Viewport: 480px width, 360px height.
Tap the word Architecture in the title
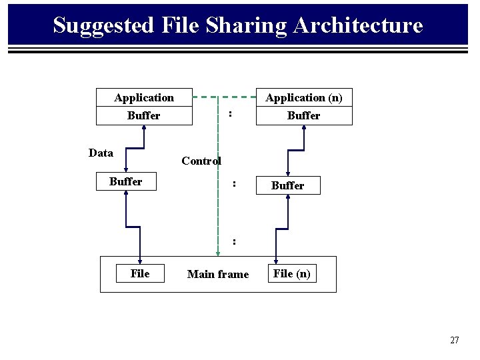point(357,25)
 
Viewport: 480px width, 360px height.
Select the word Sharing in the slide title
point(246,25)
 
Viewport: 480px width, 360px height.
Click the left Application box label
point(144,98)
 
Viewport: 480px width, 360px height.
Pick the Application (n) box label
point(304,98)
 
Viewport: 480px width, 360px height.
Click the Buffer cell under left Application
point(144,115)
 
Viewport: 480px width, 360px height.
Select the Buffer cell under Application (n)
point(304,115)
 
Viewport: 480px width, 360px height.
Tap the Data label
point(101,153)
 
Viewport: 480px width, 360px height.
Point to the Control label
point(201,161)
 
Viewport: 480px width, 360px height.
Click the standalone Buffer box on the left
point(126,181)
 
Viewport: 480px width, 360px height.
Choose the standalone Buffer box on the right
point(288,185)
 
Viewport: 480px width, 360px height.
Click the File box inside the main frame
point(140,273)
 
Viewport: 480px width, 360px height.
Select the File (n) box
point(292,273)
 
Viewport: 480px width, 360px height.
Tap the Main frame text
point(218,274)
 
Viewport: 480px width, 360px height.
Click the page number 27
point(455,340)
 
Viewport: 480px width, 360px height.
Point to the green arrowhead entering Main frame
point(218,253)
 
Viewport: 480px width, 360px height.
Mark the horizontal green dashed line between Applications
point(224,97)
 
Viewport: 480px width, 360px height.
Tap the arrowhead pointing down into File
point(140,261)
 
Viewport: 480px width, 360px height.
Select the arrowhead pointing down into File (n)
point(276,261)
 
